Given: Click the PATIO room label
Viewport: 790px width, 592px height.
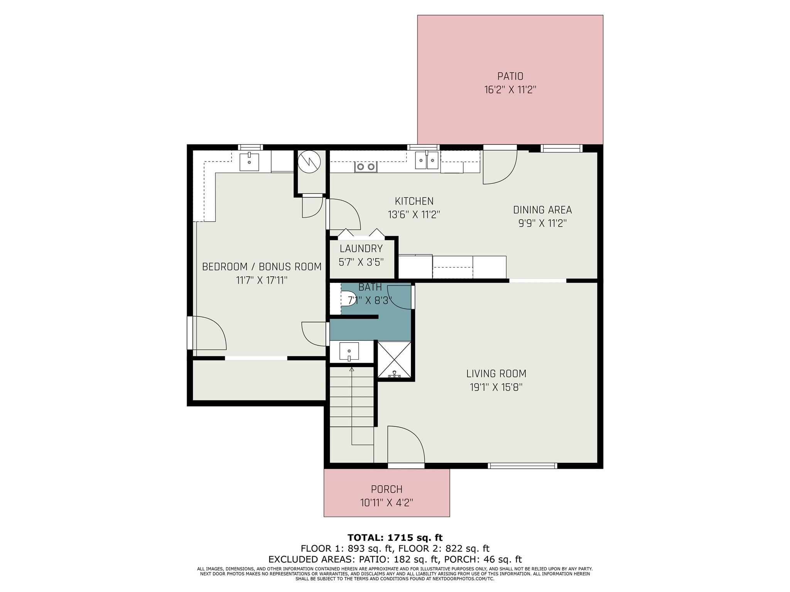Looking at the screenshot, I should click(510, 76).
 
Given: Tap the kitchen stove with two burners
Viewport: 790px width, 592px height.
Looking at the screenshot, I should click(366, 167).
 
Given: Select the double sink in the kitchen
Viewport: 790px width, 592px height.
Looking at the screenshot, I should click(427, 160).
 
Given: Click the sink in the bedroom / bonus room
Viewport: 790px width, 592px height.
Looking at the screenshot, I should click(249, 161).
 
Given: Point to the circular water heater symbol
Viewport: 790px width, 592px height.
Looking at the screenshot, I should click(311, 161).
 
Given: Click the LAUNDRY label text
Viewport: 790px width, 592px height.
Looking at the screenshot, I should click(361, 249).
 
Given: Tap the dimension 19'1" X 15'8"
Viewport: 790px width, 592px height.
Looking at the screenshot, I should click(496, 387).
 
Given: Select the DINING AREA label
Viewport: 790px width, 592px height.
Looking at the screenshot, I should click(542, 210).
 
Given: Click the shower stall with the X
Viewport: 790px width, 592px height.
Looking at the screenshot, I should click(394, 360).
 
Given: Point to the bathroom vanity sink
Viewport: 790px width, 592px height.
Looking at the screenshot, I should click(349, 351).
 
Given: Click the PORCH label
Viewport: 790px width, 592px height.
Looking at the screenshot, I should click(387, 489).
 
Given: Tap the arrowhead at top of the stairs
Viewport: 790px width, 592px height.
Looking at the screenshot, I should click(351, 369).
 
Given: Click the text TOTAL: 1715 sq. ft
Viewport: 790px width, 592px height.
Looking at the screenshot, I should click(395, 538).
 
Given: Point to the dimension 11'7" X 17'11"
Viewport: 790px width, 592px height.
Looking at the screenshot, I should click(262, 280).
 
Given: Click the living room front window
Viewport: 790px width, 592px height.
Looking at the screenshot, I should click(522, 466).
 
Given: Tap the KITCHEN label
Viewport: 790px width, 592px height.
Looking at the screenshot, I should click(414, 201).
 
